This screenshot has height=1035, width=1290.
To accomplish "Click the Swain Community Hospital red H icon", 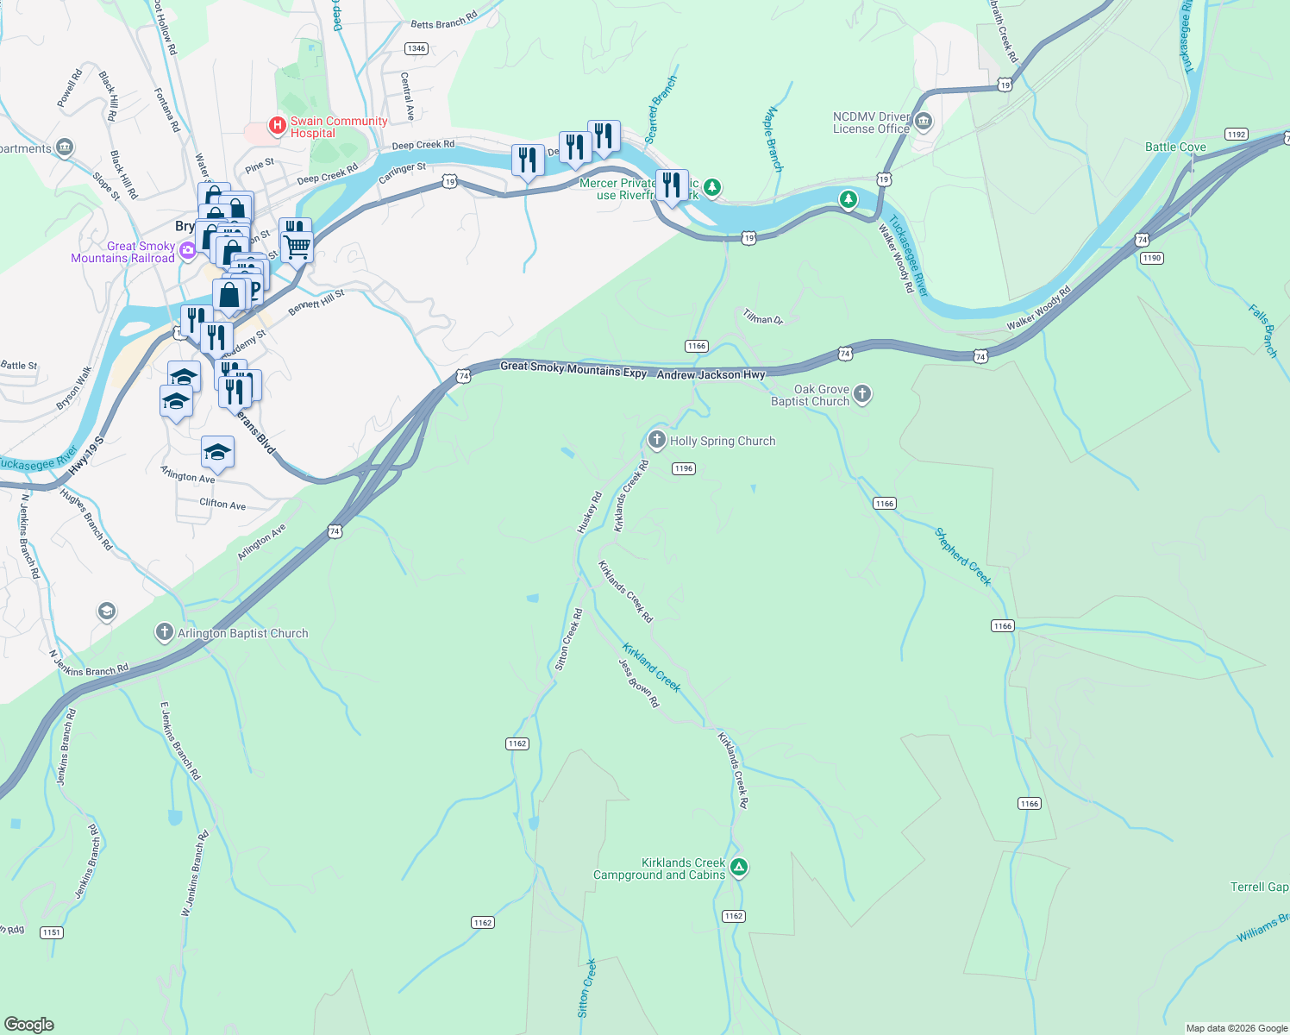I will pos(278,126).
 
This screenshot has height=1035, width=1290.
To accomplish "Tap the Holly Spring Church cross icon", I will pos(657,441).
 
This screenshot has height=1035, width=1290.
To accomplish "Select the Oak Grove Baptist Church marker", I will pos(861,395).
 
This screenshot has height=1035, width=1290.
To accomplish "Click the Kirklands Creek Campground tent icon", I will pos(738,868).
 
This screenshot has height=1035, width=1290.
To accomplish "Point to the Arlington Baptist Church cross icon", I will pos(164,633).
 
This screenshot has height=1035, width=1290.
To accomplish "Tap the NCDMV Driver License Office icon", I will pos(924,122).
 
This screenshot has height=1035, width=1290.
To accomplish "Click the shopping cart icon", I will pos(297,248).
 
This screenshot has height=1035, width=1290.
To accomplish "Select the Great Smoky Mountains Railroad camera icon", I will pos(187,251).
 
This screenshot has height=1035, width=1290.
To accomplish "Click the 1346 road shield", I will pos(416,48).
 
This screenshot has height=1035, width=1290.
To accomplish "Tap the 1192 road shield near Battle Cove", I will pos(1237,134).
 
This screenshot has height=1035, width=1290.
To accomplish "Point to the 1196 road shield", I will pos(683,468).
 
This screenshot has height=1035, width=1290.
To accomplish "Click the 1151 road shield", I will pos(51,932).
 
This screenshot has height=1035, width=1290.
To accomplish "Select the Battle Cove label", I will pos(1175,147).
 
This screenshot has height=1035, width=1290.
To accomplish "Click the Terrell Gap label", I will pos(1259,887).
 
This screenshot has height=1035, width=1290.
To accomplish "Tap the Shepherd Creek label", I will pos(963,556).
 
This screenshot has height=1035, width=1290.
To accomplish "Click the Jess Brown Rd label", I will pos(639,683).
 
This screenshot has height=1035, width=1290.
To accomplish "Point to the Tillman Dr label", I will pos(762,317).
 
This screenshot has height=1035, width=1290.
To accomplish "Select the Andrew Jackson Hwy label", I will pos(711,375).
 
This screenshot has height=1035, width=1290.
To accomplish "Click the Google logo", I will pos(29,1024).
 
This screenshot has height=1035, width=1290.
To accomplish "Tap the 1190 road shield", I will pos(1151,258).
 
